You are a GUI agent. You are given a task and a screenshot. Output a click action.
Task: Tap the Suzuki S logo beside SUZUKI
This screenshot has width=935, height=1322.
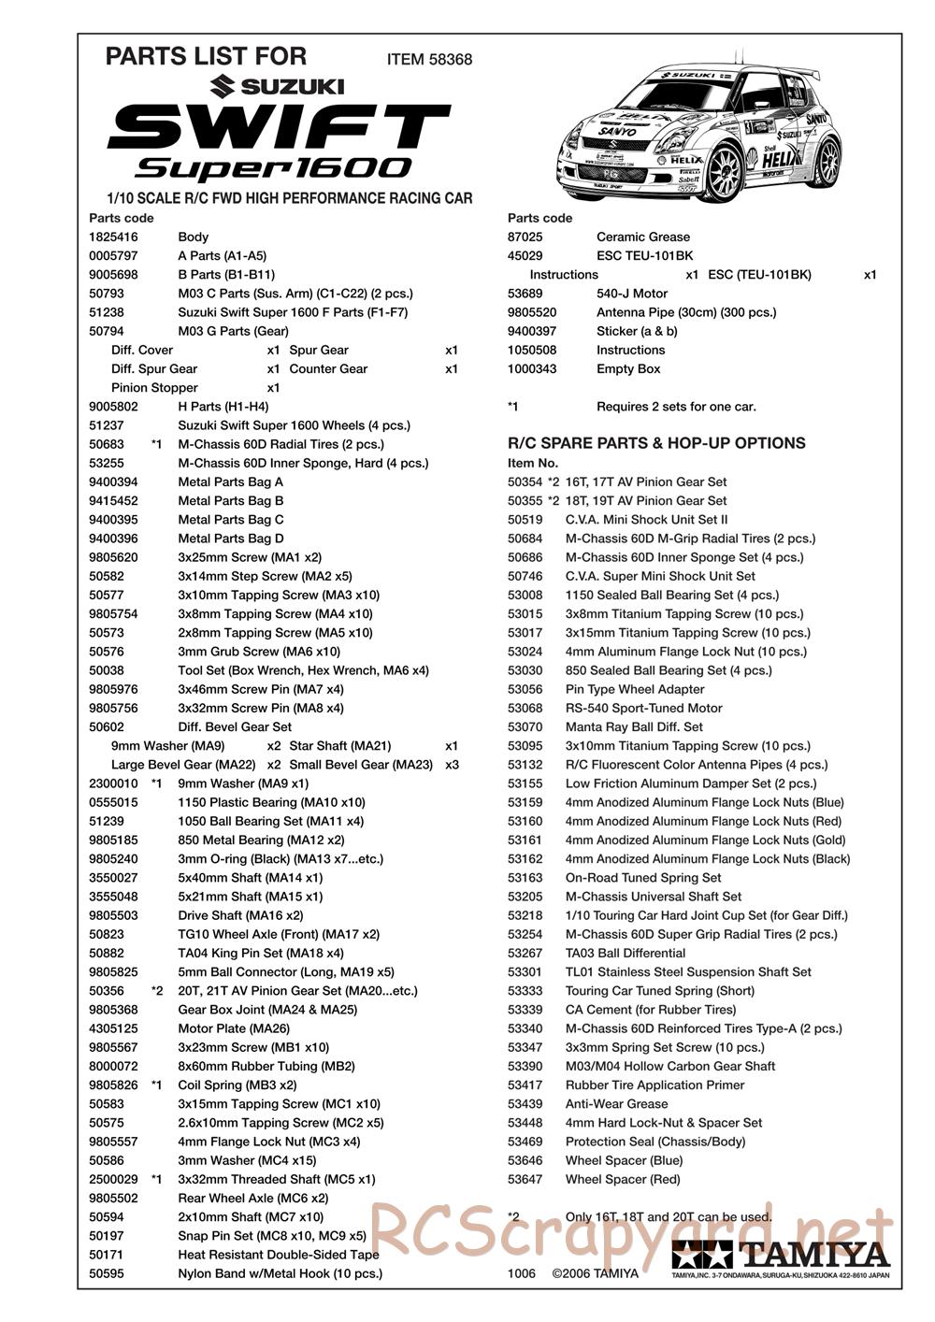[x=223, y=87]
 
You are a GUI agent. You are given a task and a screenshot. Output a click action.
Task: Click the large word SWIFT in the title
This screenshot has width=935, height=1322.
[x=279, y=126]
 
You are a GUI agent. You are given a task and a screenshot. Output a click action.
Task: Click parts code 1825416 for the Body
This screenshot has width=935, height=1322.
[x=109, y=237]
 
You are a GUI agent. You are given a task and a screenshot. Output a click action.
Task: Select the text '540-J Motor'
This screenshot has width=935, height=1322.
[x=632, y=294]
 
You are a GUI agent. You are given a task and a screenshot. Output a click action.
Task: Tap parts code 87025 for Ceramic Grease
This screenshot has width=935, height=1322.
[x=525, y=237]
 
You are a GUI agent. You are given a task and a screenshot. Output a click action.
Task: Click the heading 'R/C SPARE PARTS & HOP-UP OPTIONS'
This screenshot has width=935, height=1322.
[x=656, y=443]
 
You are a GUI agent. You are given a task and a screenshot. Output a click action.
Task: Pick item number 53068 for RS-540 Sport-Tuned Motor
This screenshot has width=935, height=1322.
[x=525, y=709]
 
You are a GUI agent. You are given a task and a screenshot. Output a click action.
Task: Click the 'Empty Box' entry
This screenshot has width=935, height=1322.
[x=628, y=369]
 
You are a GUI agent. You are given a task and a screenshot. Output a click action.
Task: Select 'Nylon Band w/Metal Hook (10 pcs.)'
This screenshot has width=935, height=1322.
[x=280, y=1273]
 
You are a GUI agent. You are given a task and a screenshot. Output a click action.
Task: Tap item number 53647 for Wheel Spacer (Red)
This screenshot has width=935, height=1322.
[x=525, y=1180]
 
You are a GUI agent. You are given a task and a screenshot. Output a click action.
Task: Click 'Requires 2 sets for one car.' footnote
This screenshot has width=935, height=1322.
[x=676, y=407]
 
